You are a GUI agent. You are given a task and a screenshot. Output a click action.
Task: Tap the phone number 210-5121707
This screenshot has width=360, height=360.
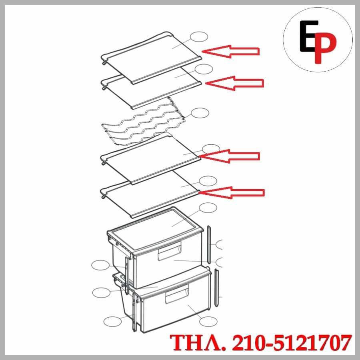coord(292,342)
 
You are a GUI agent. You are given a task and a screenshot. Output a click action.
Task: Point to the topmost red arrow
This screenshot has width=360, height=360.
coord(230,52)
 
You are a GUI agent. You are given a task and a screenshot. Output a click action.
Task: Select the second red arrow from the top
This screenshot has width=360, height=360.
coord(234,83)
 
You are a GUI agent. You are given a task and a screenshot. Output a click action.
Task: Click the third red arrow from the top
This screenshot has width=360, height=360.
coord(230,156)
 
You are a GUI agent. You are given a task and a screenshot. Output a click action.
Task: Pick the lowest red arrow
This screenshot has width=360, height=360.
coord(232,192)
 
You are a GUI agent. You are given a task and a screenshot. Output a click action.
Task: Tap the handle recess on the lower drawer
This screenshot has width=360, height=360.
coord(177,294)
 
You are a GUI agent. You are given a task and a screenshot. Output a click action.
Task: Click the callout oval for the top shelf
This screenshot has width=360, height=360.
coord(199,37)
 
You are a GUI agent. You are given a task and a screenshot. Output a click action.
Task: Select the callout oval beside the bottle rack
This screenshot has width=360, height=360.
coord(200,113)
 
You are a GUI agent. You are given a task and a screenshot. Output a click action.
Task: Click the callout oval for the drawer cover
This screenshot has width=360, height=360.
coord(208,208)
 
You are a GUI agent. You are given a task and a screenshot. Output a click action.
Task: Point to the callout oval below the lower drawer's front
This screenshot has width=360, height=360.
coord(208,322)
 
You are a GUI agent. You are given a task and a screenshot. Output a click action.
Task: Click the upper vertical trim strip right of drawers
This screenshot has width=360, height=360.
coord(209,244)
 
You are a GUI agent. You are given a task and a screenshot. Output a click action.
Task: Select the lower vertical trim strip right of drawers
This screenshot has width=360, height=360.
coord(216,288)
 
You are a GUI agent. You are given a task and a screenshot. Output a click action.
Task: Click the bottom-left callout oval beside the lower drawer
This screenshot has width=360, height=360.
coord(112,322)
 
